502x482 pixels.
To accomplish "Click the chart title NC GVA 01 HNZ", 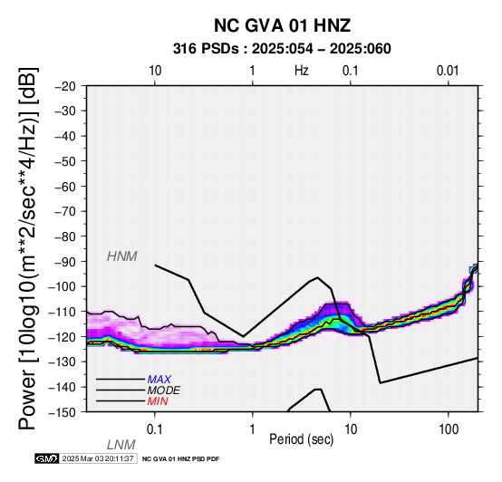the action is (x=282, y=25).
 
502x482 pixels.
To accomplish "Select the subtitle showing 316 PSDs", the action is (x=282, y=49).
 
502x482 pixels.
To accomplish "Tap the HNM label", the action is (x=122, y=256).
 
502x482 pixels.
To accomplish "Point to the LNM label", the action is (x=121, y=445).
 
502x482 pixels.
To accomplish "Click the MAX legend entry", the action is (x=159, y=380).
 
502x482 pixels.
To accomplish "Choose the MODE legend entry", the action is (x=164, y=390).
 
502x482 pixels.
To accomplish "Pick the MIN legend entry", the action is (x=158, y=401).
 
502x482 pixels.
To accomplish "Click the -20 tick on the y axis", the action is (x=65, y=86).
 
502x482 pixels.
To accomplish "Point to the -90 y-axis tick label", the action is (x=65, y=262).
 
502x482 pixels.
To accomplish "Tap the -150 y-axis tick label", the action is (x=63, y=412).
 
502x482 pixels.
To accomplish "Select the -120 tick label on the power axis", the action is (x=63, y=337).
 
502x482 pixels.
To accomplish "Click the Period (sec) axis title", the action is (x=302, y=439).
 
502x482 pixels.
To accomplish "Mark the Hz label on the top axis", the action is (x=302, y=71).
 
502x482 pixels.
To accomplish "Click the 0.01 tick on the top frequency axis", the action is (x=448, y=71).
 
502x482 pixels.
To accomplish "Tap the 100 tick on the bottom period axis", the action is (x=449, y=429).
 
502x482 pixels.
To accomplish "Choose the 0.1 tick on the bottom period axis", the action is (x=155, y=429).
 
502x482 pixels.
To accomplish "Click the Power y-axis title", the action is (x=28, y=248).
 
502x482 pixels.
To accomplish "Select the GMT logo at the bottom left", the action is (x=47, y=458).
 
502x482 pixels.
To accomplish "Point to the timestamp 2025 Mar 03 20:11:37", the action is (x=98, y=458).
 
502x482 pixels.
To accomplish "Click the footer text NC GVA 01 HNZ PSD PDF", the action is (x=181, y=459).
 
